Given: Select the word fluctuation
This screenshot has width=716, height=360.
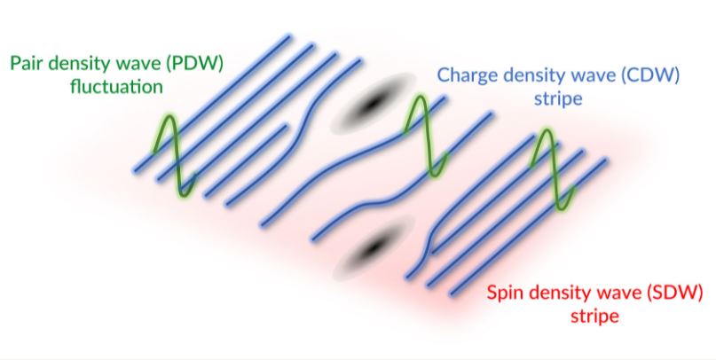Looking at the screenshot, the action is (x=116, y=86).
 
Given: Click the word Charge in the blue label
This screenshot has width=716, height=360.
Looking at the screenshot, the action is (x=465, y=74).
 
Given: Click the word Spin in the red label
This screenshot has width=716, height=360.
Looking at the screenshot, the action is (x=504, y=293).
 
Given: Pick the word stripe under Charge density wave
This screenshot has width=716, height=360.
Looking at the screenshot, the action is (x=558, y=98).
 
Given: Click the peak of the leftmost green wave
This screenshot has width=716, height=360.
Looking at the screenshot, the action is (x=169, y=116).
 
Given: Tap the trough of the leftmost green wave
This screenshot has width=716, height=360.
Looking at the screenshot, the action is (x=184, y=195).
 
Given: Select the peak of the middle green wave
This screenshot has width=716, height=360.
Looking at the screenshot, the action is (x=419, y=97).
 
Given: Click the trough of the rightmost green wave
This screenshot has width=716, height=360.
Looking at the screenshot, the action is (x=562, y=208).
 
